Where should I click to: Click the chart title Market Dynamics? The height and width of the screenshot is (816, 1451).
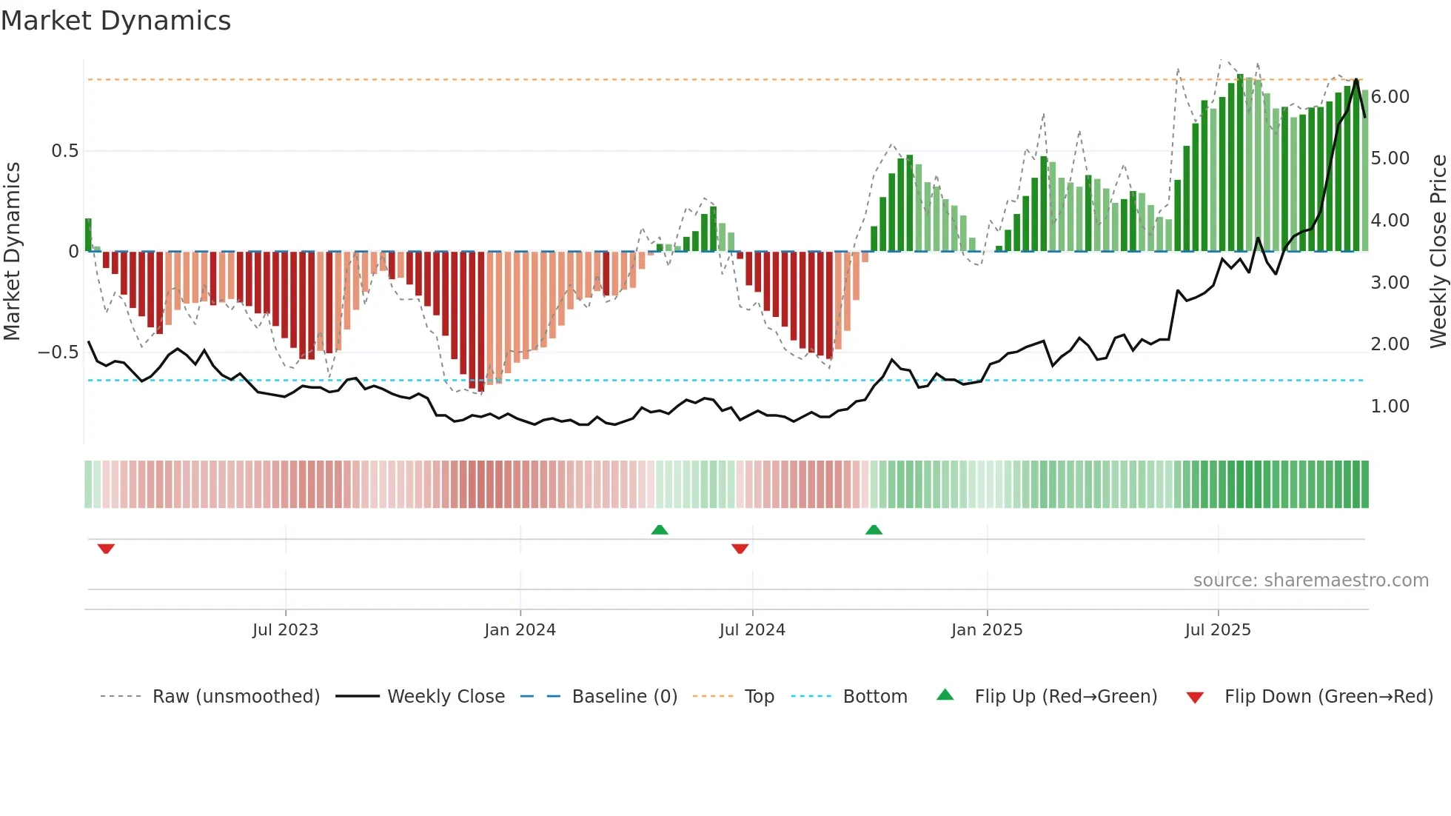(x=115, y=21)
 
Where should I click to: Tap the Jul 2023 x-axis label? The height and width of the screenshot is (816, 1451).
(x=285, y=630)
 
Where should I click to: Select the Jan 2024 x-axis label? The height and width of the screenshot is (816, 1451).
(x=520, y=630)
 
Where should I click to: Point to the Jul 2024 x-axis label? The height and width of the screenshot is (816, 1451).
(x=752, y=630)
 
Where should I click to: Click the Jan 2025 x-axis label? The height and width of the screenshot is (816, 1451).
(x=987, y=630)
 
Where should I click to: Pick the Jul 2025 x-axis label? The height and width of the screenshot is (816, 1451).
(x=1218, y=630)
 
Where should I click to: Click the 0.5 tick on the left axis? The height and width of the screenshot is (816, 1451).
(x=64, y=151)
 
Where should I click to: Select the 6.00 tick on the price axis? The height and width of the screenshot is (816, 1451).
(x=1390, y=97)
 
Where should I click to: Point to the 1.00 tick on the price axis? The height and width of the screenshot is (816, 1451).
(x=1390, y=407)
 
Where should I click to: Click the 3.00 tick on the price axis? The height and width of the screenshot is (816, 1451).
(x=1390, y=283)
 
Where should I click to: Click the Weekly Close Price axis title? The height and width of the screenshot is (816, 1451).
(x=1438, y=252)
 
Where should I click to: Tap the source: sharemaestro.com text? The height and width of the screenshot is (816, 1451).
(x=1310, y=581)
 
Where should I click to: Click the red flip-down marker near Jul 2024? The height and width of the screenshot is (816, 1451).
(x=740, y=549)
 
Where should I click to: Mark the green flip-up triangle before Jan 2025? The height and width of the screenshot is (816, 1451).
(x=874, y=529)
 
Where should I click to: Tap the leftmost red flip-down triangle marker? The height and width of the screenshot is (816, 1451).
(x=106, y=549)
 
